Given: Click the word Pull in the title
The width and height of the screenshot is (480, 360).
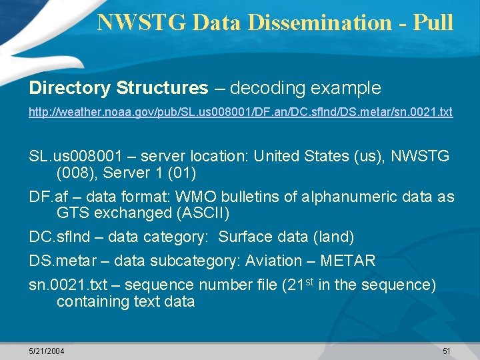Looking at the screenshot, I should coord(433,22).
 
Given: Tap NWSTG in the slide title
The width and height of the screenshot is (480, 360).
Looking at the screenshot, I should coord(141,22).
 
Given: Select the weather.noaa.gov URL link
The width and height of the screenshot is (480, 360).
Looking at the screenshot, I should coord(241,112).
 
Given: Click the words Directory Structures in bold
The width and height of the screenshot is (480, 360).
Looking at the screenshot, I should coord(119,88).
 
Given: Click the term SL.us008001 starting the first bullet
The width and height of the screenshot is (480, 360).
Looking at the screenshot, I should coord(75,156).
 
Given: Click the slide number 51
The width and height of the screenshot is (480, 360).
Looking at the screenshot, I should coord(447,351).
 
